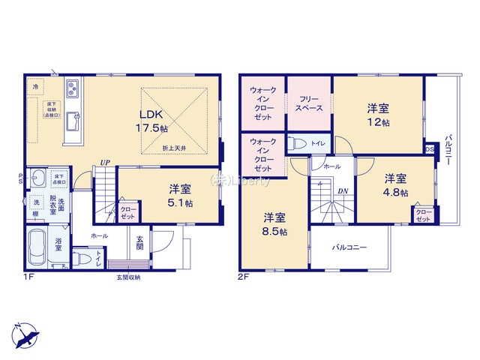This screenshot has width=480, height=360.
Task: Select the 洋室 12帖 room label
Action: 378,114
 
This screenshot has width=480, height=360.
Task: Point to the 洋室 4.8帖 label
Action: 396,185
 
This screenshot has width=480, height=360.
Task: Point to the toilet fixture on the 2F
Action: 298,144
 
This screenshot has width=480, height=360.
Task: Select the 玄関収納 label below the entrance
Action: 127,277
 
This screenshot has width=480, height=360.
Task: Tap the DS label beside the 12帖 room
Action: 429,148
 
